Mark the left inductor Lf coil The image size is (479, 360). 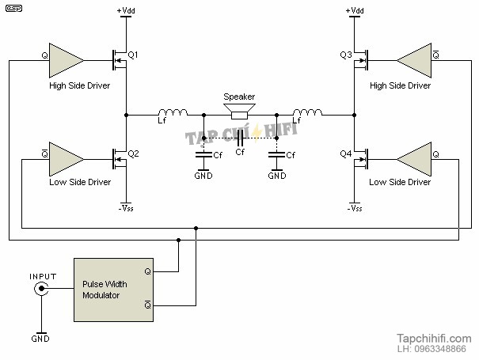pos(173,112)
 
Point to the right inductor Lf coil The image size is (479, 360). pos(306,112)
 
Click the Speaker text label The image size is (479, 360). pos(239,96)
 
